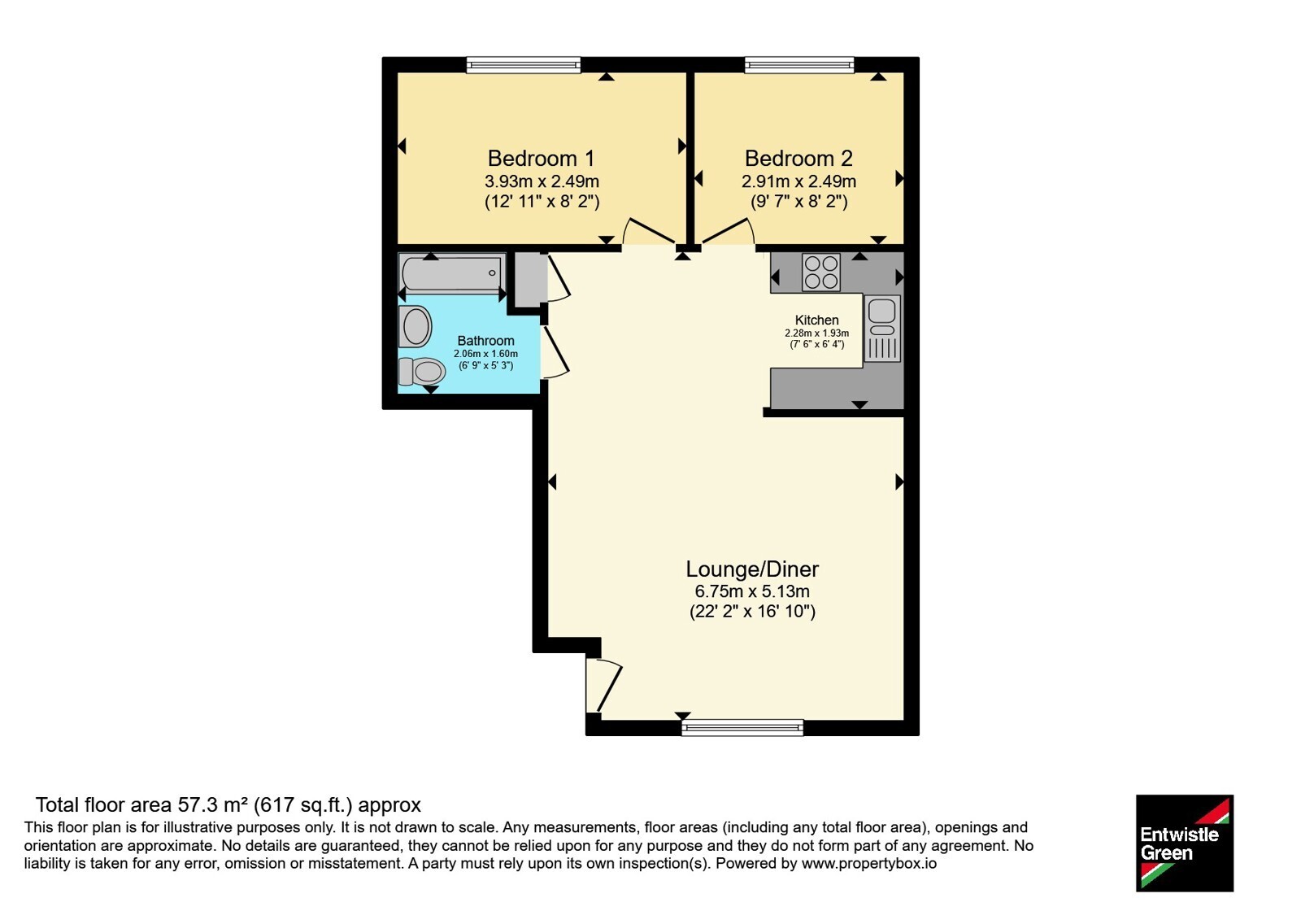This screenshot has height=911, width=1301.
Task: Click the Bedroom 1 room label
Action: click(x=541, y=158)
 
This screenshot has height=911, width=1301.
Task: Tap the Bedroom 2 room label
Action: click(x=798, y=158)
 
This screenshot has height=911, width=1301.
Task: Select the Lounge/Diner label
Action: click(x=752, y=569)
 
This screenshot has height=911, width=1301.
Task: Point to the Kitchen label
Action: click(x=816, y=320)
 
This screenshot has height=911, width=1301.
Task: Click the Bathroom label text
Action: click(x=485, y=341)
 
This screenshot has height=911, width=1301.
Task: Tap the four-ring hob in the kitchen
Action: click(x=820, y=272)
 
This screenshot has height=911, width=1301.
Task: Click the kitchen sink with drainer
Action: click(x=882, y=329)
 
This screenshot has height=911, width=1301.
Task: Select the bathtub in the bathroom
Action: click(x=452, y=273)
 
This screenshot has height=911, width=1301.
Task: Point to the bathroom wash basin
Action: click(x=416, y=326)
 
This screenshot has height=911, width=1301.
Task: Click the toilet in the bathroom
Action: click(x=422, y=371)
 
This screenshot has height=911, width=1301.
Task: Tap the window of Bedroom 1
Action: click(x=524, y=64)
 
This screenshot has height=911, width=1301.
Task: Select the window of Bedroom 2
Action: click(x=799, y=64)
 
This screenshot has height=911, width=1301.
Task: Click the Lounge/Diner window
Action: click(x=742, y=727)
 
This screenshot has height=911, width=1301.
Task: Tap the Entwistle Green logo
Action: click(x=1185, y=843)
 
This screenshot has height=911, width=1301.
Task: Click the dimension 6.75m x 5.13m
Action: click(x=752, y=591)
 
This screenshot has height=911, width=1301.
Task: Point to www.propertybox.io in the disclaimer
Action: click(x=869, y=863)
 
